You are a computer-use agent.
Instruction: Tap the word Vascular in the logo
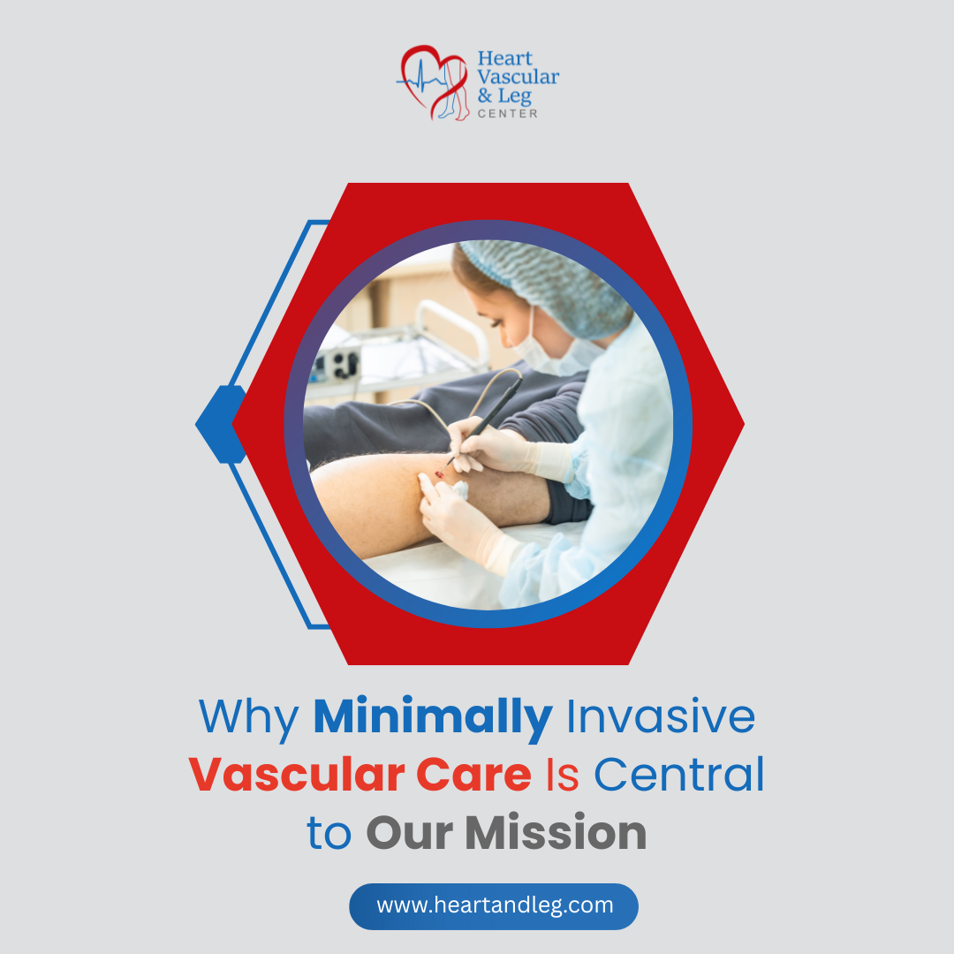coord(518,77)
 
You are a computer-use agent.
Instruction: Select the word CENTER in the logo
coord(507,113)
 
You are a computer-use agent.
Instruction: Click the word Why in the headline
coord(248,717)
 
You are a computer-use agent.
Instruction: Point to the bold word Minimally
coord(432,717)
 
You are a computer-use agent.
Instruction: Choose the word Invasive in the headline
coord(661,717)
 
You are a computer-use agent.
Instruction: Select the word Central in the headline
coord(678,775)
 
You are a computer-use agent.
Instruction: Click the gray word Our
coord(409,832)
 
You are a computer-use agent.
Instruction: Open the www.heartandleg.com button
coord(494,905)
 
